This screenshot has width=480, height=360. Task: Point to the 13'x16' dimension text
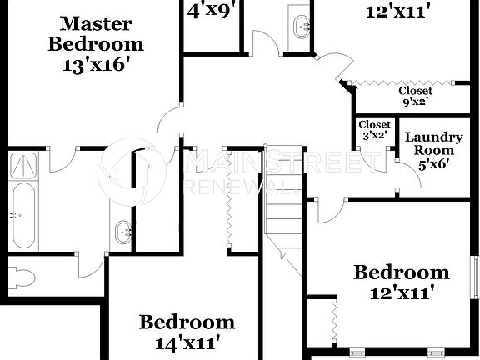coord(96,65)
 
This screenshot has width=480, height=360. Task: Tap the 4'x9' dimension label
coord(210,12)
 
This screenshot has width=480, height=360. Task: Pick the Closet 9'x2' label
coord(415,97)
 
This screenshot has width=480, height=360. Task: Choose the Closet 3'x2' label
coord(374,129)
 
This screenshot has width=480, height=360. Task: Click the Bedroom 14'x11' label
coord(187,331)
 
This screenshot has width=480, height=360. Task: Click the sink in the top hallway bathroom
coord(300,25)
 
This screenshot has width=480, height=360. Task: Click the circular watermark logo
coord(133,171)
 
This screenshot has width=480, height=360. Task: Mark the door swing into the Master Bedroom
coord(171,121)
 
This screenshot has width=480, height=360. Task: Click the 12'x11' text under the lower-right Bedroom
coord(402,293)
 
